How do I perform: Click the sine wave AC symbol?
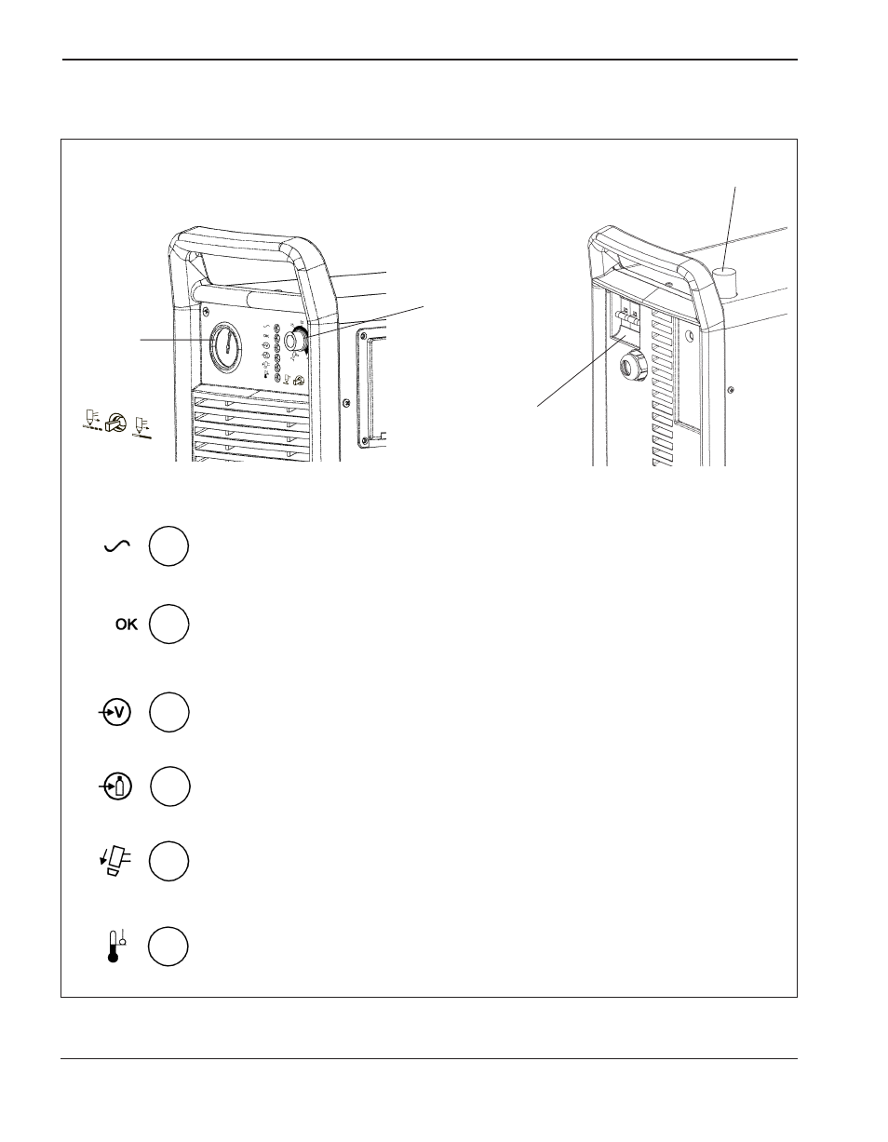(x=117, y=546)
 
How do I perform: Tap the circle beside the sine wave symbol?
(x=168, y=546)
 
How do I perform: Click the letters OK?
(x=127, y=625)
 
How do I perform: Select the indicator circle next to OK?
(x=168, y=624)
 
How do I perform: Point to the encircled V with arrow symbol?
(x=115, y=712)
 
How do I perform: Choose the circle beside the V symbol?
(x=169, y=712)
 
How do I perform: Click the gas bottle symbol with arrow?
(x=115, y=786)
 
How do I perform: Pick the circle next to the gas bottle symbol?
(x=169, y=786)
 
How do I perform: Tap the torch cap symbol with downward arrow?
(x=115, y=861)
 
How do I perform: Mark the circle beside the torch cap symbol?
(x=168, y=861)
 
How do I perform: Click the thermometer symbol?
(x=115, y=946)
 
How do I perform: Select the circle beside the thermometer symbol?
(x=168, y=946)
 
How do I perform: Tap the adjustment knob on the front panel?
(x=296, y=340)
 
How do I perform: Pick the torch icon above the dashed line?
(x=91, y=420)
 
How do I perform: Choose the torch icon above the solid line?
(x=141, y=427)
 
